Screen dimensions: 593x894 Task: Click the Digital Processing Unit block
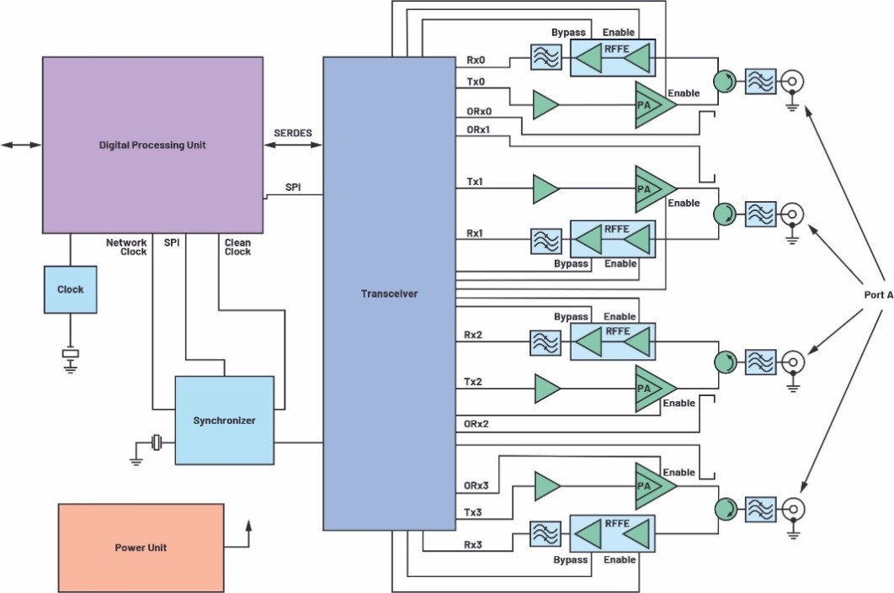[x=152, y=145]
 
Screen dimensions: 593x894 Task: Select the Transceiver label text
[x=389, y=294]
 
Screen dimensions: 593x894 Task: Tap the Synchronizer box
[x=224, y=420]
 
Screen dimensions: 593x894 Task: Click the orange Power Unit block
[x=141, y=548]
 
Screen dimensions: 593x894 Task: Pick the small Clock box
[x=70, y=289]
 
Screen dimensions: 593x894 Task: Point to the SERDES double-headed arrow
[x=293, y=146]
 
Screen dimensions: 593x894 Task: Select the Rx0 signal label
[x=476, y=60]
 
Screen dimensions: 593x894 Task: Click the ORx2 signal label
[x=477, y=423]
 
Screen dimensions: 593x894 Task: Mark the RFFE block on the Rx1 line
[x=612, y=240]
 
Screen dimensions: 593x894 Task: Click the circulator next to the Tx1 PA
[x=723, y=214]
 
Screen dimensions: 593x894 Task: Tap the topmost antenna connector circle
[x=791, y=81]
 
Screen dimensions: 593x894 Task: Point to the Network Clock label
[x=126, y=246]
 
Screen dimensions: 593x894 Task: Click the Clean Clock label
[x=237, y=246]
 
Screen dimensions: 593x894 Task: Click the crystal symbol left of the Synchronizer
[x=156, y=442]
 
